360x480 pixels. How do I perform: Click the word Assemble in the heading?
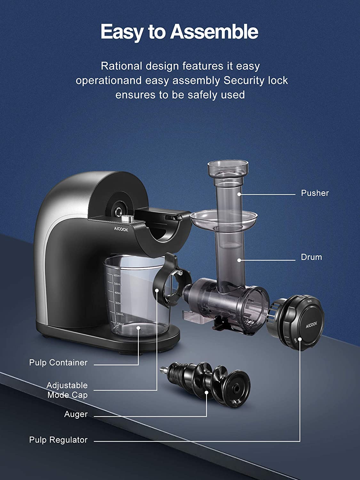pyautogui.click(x=214, y=32)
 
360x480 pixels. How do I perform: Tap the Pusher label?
pyautogui.click(x=315, y=193)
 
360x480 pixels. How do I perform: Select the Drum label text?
pyautogui.click(x=311, y=257)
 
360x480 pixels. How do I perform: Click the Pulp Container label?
pyautogui.click(x=58, y=363)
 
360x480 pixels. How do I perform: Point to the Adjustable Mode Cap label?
pyautogui.click(x=67, y=390)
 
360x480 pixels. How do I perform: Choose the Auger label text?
pyautogui.click(x=76, y=414)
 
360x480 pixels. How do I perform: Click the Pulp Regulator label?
pyautogui.click(x=58, y=440)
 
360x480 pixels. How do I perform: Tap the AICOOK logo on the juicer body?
pyautogui.click(x=121, y=229)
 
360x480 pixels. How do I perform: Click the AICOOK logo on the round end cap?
pyautogui.click(x=311, y=325)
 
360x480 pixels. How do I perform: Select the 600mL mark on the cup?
pyautogui.click(x=117, y=276)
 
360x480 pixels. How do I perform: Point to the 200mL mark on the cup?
pyautogui.click(x=120, y=314)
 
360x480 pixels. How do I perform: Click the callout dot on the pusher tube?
pyautogui.click(x=239, y=194)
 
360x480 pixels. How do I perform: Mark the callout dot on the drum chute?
pyautogui.click(x=239, y=260)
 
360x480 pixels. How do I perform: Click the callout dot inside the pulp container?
pyautogui.click(x=138, y=328)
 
